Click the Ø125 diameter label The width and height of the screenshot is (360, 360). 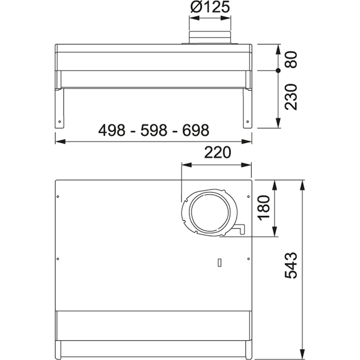[x=210, y=8]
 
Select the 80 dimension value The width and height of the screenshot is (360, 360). [x=291, y=59]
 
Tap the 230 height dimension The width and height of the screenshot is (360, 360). [x=291, y=97]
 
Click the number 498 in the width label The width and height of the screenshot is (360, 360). [x=112, y=130]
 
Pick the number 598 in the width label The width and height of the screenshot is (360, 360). [x=154, y=130]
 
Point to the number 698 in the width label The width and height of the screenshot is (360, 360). [x=195, y=130]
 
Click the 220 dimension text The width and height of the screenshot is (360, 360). [x=217, y=152]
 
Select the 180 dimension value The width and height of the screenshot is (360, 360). [x=264, y=208]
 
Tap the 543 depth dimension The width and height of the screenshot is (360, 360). [x=291, y=266]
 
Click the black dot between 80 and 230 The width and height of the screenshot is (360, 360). [x=278, y=71]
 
